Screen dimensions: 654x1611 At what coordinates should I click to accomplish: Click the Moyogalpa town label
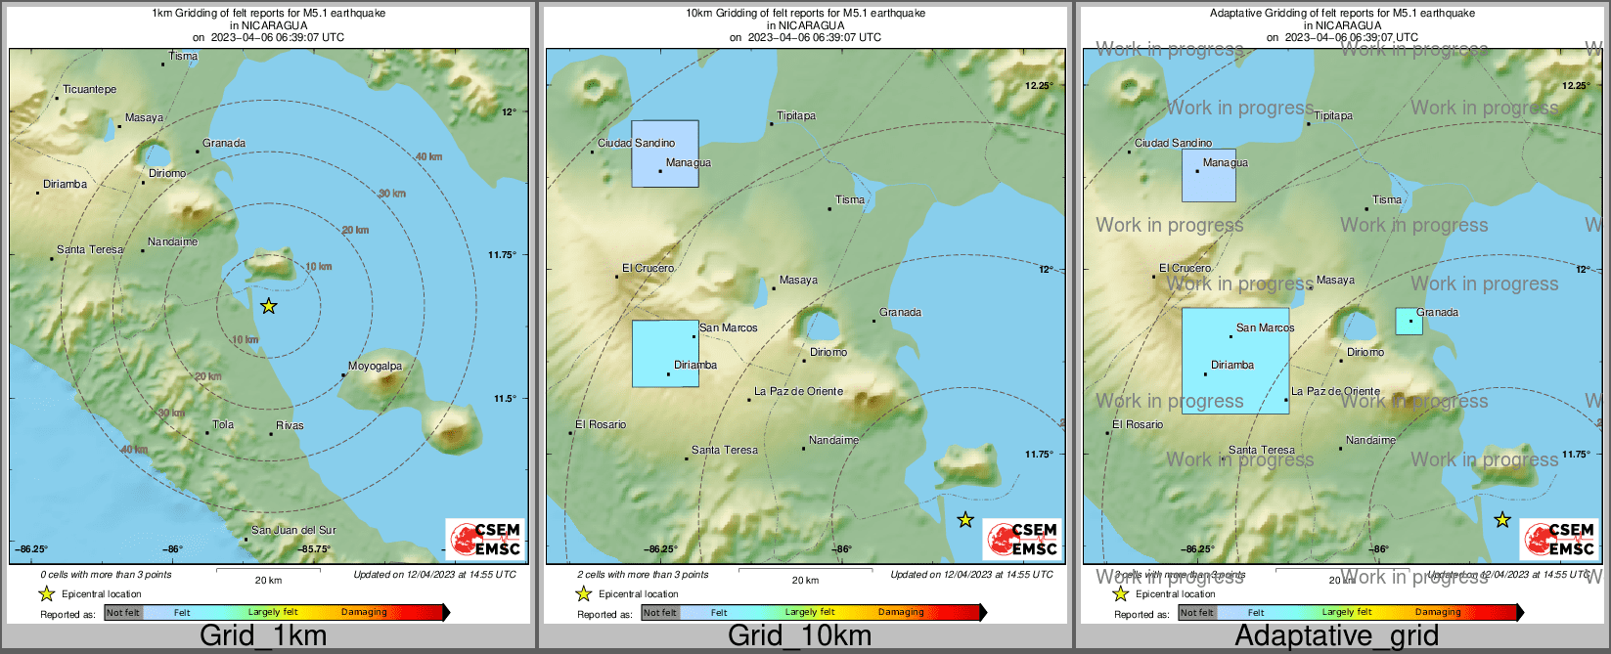point(376,367)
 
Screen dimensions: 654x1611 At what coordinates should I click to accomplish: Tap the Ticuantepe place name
point(89,90)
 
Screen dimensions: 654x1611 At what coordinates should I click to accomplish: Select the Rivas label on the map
point(290,425)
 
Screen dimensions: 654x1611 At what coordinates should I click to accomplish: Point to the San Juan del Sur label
point(293,531)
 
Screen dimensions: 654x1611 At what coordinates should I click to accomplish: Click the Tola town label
point(223,425)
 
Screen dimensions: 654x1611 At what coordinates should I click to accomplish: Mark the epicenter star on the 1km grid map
point(268,307)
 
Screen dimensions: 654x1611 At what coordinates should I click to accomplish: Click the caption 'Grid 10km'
point(799,636)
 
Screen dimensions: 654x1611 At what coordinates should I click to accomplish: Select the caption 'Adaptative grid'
point(1336,636)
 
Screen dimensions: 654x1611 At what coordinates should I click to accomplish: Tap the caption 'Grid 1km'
point(263,636)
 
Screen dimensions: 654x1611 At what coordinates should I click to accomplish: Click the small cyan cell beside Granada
point(1409,322)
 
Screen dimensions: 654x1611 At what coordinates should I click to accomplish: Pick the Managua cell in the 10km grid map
point(665,153)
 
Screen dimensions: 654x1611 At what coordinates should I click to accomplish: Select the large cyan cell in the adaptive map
point(1235,361)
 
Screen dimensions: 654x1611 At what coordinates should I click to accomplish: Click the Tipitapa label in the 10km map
point(796,116)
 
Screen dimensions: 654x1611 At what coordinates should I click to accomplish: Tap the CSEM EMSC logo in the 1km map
point(485,539)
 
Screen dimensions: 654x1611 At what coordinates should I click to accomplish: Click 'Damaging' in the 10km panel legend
point(901,613)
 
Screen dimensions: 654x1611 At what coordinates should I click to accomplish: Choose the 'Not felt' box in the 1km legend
point(123,613)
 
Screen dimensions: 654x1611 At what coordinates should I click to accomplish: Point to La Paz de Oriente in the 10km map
point(798,392)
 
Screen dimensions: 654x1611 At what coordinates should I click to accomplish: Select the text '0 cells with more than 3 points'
point(106,575)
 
